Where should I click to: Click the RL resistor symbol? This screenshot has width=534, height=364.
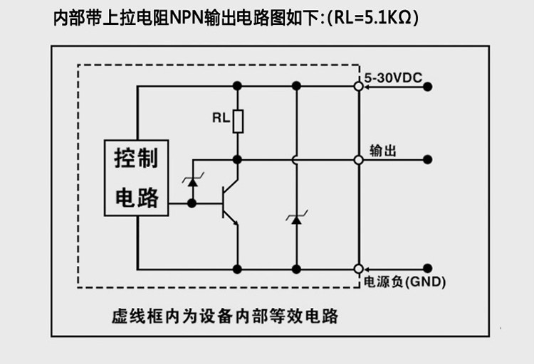pyautogui.click(x=238, y=121)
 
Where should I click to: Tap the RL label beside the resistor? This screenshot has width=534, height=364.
pyautogui.click(x=221, y=118)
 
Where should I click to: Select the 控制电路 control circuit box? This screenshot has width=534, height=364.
pyautogui.click(x=136, y=178)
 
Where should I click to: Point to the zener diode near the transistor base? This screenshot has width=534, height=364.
pyautogui.click(x=193, y=182)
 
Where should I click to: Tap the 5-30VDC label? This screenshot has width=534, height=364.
pyautogui.click(x=393, y=78)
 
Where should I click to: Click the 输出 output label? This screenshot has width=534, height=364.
pyautogui.click(x=383, y=151)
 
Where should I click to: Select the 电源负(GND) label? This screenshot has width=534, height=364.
pyautogui.click(x=404, y=282)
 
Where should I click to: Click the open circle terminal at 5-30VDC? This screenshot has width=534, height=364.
pyautogui.click(x=359, y=87)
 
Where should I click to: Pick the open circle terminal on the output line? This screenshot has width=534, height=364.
pyautogui.click(x=359, y=159)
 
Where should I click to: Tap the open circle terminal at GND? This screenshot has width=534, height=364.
pyautogui.click(x=359, y=269)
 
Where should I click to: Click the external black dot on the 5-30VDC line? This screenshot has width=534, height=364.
pyautogui.click(x=428, y=87)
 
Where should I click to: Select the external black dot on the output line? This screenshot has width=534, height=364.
pyautogui.click(x=428, y=159)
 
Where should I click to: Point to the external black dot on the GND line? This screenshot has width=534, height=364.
pyautogui.click(x=428, y=269)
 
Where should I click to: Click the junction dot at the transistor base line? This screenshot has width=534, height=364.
pyautogui.click(x=192, y=203)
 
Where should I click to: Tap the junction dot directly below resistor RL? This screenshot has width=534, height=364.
pyautogui.click(x=237, y=159)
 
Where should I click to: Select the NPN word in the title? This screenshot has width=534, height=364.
pyautogui.click(x=187, y=18)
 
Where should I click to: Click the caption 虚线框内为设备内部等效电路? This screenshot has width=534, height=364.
pyautogui.click(x=225, y=316)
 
